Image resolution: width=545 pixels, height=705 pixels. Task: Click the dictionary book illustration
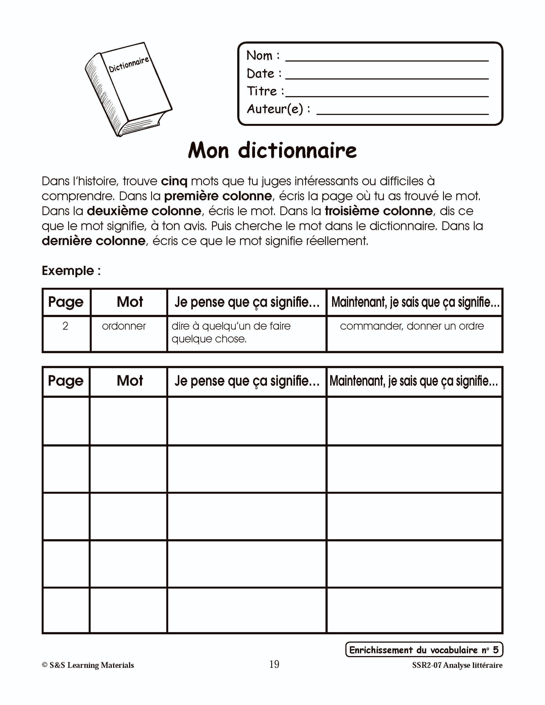(x=129, y=89)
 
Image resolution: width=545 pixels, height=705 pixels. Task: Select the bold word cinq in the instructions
(x=174, y=181)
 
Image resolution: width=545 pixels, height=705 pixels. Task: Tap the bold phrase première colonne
(x=218, y=196)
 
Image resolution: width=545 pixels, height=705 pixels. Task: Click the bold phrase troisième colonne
(x=379, y=211)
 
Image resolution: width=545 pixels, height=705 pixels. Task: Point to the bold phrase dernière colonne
(x=94, y=241)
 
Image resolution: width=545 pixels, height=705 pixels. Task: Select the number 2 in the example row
(x=65, y=326)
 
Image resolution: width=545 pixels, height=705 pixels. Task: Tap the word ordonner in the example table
(x=124, y=326)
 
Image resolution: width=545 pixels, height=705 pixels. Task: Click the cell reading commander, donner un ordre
(x=412, y=326)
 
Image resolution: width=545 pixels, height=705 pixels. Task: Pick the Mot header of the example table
(x=130, y=302)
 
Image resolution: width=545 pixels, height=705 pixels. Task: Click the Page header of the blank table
(x=65, y=381)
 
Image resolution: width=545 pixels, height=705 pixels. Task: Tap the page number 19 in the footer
(x=274, y=664)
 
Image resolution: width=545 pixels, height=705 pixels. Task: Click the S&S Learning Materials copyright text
(x=88, y=665)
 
